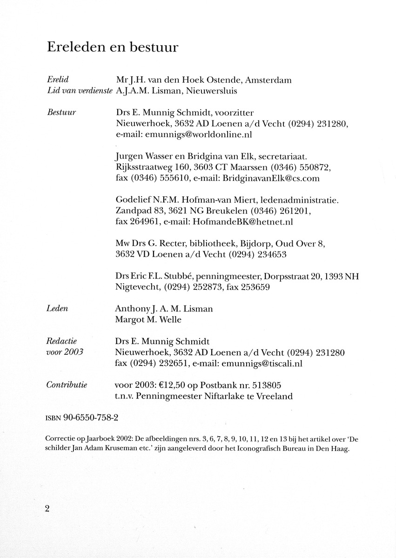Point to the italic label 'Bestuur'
coord(62,113)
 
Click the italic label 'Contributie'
coord(67,385)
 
